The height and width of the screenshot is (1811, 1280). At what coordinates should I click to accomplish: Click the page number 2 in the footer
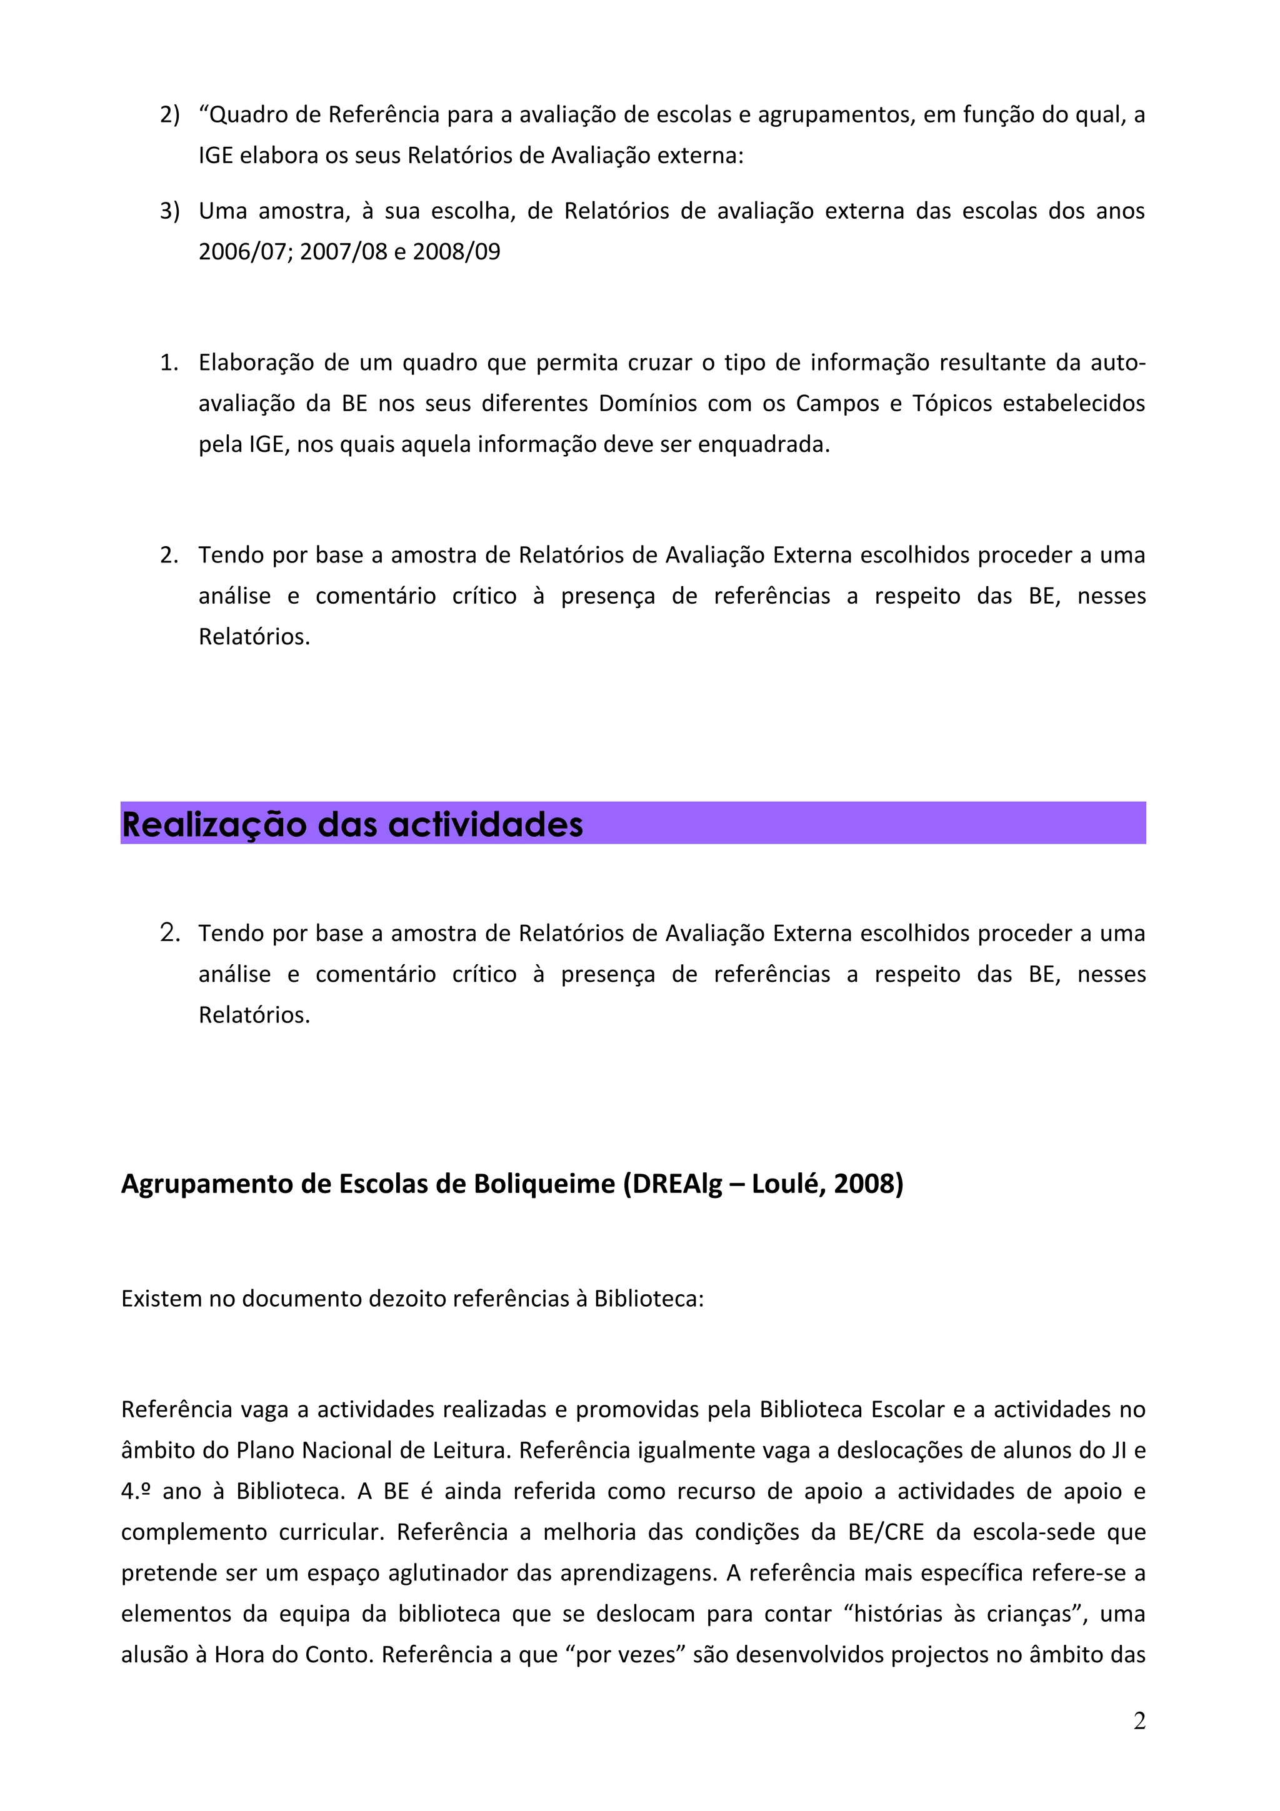coord(1139,1721)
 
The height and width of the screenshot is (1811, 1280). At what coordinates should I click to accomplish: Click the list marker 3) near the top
coord(169,211)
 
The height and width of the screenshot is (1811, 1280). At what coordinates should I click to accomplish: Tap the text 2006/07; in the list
coord(246,252)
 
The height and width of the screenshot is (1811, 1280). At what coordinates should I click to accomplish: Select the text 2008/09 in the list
coord(457,252)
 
